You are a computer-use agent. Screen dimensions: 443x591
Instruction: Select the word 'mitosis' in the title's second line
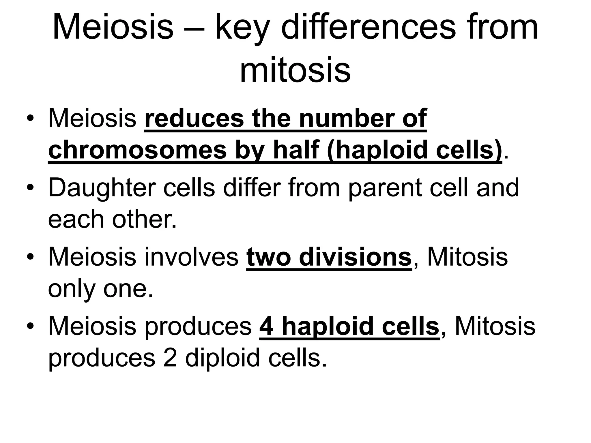point(295,70)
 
